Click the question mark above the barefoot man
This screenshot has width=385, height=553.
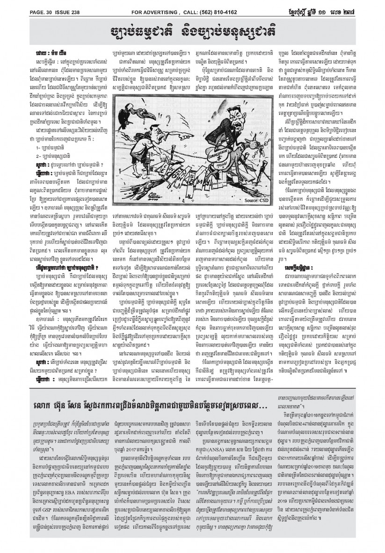tap(177, 89)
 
